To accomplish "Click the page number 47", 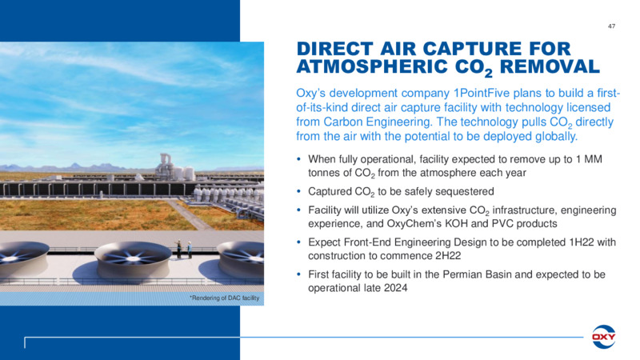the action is tap(611, 26).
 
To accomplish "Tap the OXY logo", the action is tap(604, 337).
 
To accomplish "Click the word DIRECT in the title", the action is tap(334, 49).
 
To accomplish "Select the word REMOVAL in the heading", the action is tap(550, 66).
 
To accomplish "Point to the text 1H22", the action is tap(582, 242).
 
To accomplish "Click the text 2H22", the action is tap(448, 256).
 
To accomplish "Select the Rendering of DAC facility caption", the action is tap(225, 298).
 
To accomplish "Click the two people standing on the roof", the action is tap(184, 249).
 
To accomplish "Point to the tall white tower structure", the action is tap(166, 166).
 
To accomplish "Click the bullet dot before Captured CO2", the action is tap(299, 191).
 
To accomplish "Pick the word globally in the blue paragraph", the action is tap(556, 136).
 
